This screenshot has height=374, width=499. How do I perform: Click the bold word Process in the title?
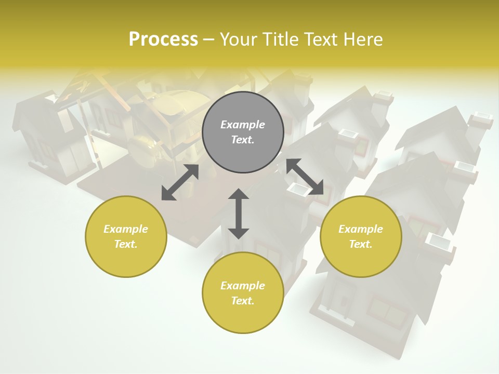tap(163, 39)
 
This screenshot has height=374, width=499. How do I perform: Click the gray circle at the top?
tap(243, 132)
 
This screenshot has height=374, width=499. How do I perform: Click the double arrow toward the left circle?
tap(180, 182)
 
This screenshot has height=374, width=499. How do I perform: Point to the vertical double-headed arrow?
tap(239, 213)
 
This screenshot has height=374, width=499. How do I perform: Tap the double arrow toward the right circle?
tap(305, 177)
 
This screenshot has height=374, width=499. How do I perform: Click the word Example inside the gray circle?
tap(243, 125)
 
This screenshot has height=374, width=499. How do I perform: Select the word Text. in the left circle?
tap(126, 244)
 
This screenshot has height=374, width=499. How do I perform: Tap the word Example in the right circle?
tap(361, 229)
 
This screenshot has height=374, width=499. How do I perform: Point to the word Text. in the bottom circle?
tap(243, 301)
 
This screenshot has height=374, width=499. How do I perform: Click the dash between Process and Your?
tap(209, 39)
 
